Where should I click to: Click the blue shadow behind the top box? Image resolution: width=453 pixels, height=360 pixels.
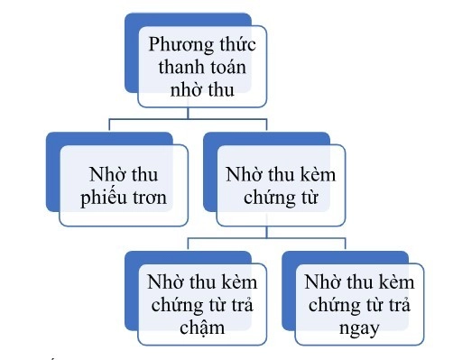point(131,54)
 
